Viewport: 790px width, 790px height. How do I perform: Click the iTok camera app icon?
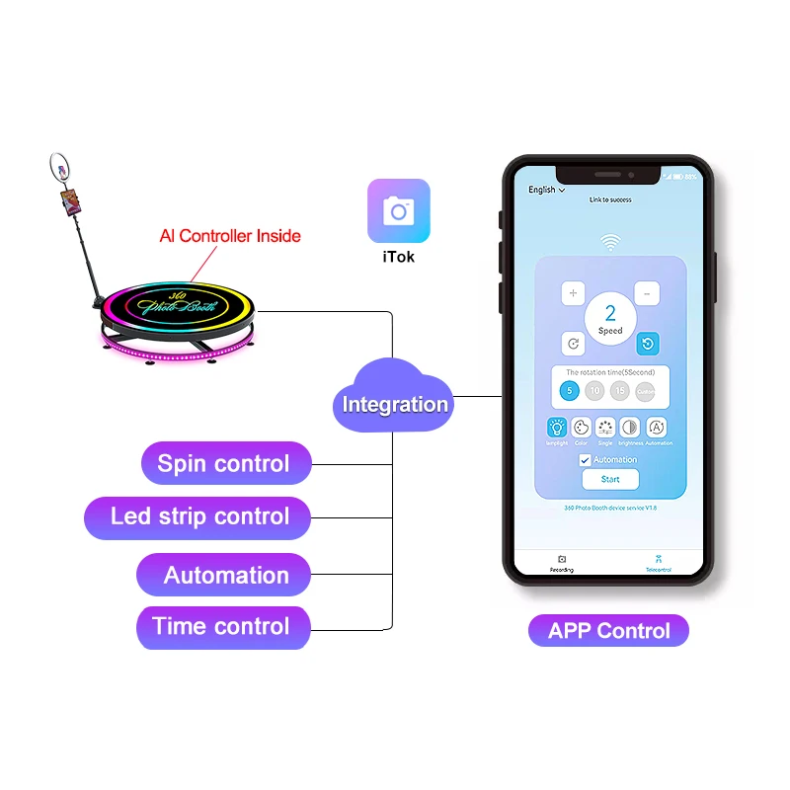click(x=399, y=210)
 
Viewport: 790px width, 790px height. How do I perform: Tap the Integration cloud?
click(x=395, y=404)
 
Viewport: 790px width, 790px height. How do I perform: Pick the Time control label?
click(x=221, y=626)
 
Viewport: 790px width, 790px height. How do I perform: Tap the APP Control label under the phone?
click(x=608, y=630)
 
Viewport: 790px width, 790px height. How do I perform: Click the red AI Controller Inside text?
click(x=230, y=236)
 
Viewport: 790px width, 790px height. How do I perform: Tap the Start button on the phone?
click(x=610, y=479)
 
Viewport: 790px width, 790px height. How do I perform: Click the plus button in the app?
click(x=574, y=293)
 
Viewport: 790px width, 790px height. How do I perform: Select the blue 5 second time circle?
click(x=569, y=391)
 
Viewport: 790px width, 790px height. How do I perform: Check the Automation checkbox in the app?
click(x=585, y=460)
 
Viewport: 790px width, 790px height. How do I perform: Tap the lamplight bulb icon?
click(x=558, y=428)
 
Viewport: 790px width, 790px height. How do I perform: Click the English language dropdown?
click(x=546, y=190)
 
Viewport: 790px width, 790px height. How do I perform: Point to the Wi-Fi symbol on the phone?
click(x=610, y=242)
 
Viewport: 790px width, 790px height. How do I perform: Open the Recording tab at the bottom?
click(x=562, y=563)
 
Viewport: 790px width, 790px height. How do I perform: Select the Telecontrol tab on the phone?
click(x=659, y=563)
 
